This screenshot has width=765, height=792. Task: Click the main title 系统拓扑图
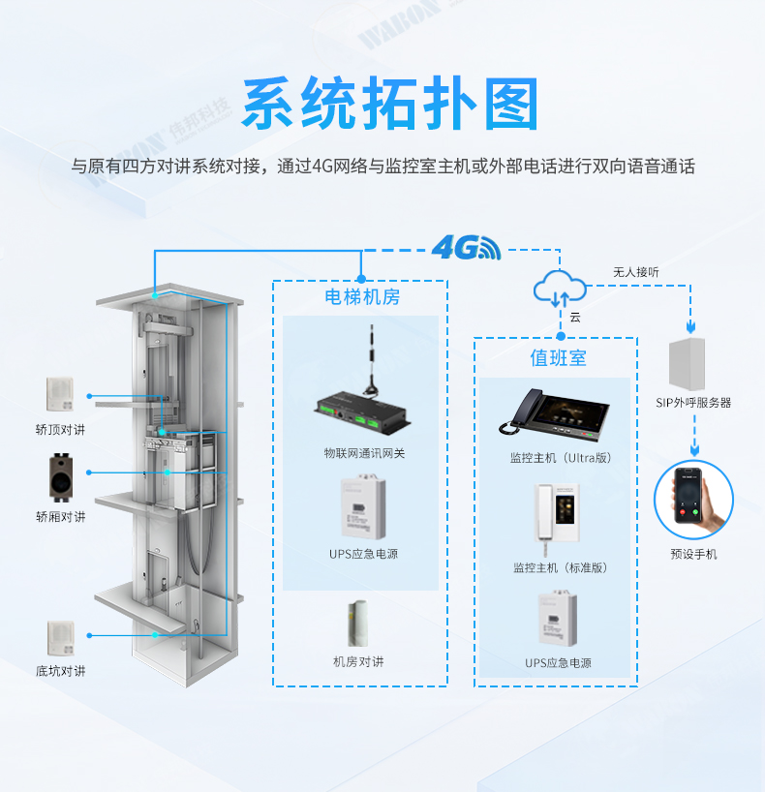(x=388, y=104)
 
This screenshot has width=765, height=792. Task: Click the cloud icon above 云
(x=559, y=286)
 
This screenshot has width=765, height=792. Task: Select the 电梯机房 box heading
(x=361, y=297)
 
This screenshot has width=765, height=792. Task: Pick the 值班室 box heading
(x=558, y=358)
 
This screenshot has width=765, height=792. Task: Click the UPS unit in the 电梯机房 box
(x=359, y=510)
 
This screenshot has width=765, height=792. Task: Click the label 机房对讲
(x=358, y=662)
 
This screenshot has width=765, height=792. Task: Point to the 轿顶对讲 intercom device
(x=60, y=393)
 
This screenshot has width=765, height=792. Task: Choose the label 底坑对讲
(x=60, y=671)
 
